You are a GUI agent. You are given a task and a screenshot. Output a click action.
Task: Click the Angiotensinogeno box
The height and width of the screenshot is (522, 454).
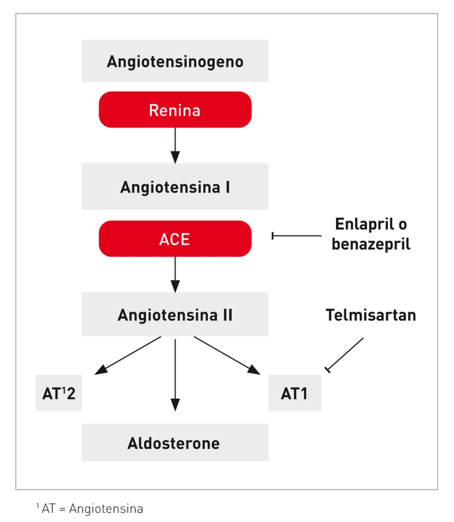pyautogui.click(x=175, y=61)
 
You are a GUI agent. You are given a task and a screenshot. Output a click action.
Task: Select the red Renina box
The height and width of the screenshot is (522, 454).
pyautogui.click(x=175, y=110)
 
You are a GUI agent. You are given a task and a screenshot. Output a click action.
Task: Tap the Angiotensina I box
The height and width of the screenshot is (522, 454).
pyautogui.click(x=175, y=186)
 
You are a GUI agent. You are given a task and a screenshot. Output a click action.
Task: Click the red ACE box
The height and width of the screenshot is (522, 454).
pyautogui.click(x=175, y=239)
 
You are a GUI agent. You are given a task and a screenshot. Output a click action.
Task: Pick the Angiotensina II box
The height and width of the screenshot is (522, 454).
pyautogui.click(x=175, y=314)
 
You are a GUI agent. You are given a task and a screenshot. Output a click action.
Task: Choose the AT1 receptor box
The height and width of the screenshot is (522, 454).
pyautogui.click(x=294, y=393)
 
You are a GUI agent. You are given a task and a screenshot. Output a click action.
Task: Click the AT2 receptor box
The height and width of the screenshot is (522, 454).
pyautogui.click(x=58, y=393)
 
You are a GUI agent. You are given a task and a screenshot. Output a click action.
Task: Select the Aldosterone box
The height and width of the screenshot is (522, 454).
pyautogui.click(x=175, y=443)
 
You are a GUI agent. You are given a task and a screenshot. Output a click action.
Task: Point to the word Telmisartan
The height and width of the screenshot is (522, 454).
pyautogui.click(x=371, y=315)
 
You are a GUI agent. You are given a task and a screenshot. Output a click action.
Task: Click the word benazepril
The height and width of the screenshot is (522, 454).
pyautogui.click(x=371, y=244)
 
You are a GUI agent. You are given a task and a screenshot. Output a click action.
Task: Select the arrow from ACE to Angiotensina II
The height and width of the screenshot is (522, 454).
pyautogui.click(x=175, y=274)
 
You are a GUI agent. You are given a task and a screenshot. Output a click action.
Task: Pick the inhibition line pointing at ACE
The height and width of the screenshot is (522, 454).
pyautogui.click(x=296, y=236)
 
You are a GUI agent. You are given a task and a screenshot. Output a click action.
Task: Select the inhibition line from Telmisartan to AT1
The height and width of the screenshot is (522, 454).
pyautogui.click(x=345, y=355)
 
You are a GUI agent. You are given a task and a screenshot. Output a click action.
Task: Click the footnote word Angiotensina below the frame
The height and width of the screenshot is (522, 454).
pyautogui.click(x=106, y=509)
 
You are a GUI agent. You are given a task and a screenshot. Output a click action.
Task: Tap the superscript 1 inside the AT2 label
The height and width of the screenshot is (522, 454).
pyautogui.click(x=63, y=389)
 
